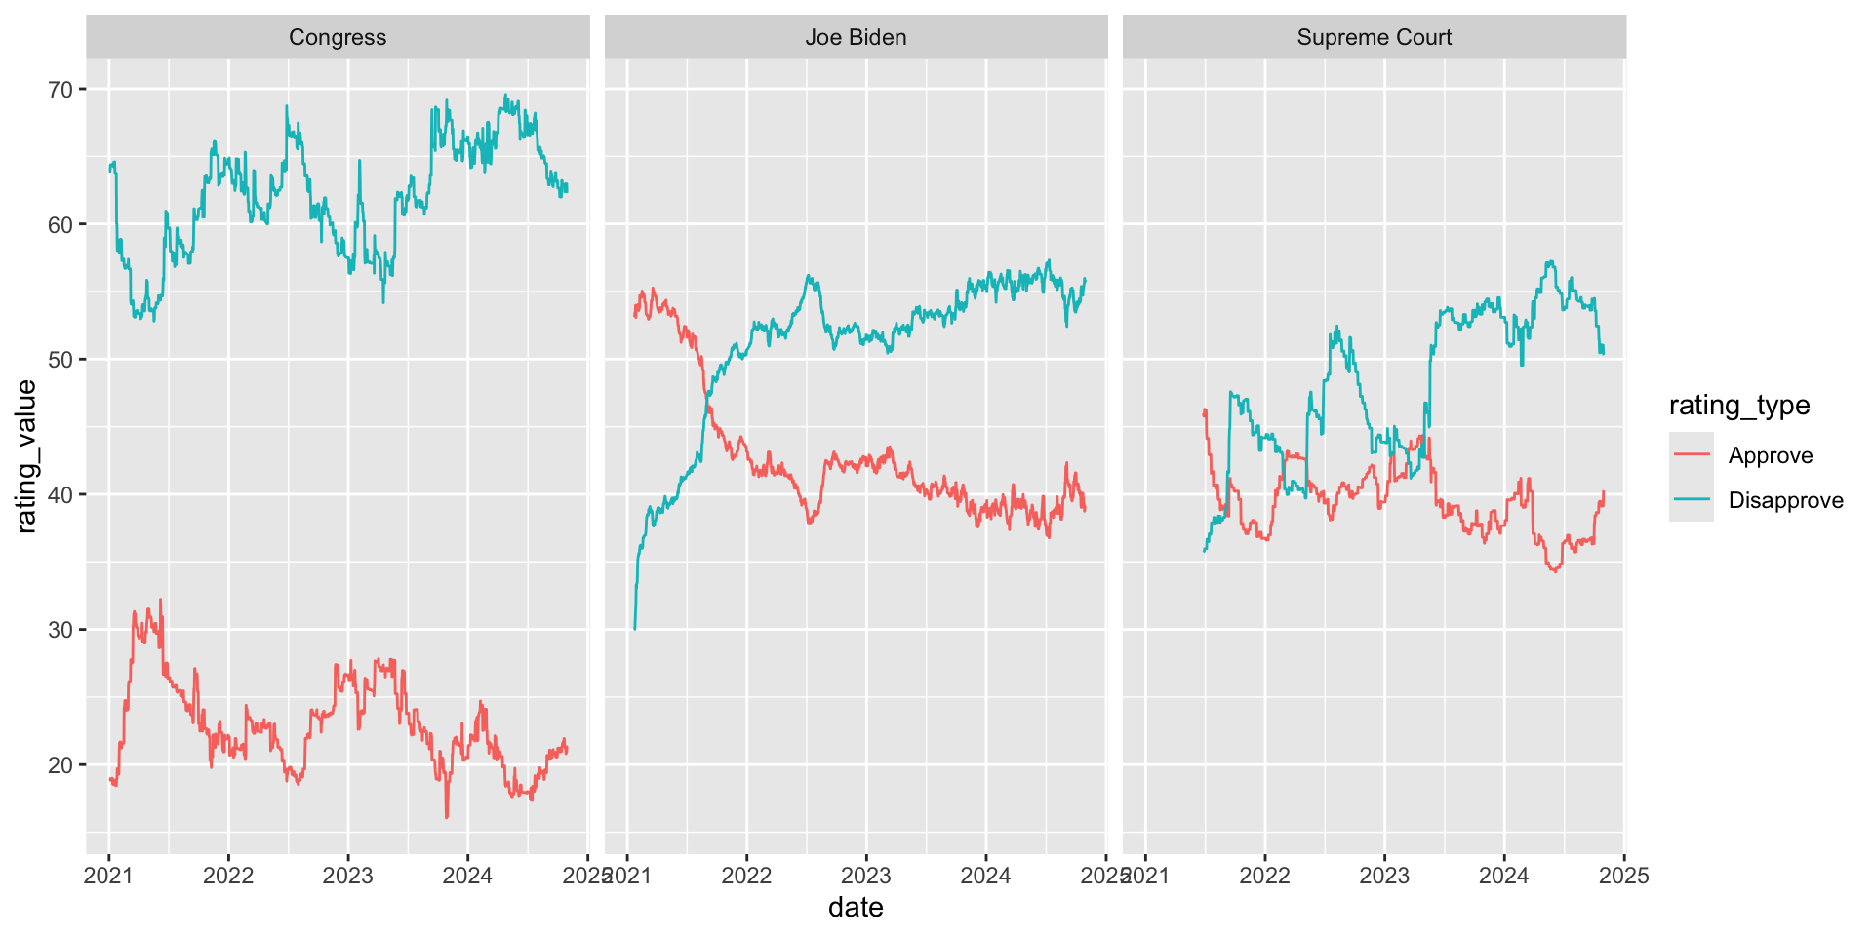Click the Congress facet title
point(338,37)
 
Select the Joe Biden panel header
point(856,37)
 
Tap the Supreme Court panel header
point(1374,37)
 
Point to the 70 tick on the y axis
point(60,90)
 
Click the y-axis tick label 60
point(60,225)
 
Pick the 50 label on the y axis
point(60,360)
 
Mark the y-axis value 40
point(60,495)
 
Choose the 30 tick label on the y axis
point(60,630)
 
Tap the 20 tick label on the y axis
point(60,765)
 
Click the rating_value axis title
point(26,456)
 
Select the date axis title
point(856,908)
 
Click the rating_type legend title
point(1739,406)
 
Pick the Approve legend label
point(1770,455)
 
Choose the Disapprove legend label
point(1785,500)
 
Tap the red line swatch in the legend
point(1691,455)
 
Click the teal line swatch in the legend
point(1691,500)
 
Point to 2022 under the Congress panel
point(228,876)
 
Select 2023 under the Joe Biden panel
point(866,876)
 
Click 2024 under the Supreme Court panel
point(1503,876)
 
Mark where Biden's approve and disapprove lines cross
point(705,402)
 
